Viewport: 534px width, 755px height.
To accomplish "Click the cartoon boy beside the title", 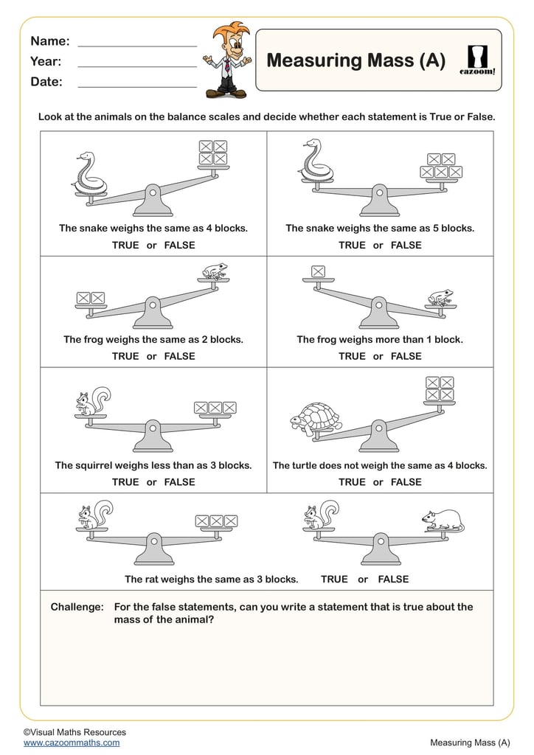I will tap(227, 60).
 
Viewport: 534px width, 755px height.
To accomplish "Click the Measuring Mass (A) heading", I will tap(356, 60).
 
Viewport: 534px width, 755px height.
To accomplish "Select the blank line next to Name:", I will tap(137, 46).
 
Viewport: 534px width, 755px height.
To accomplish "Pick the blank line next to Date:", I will tap(137, 87).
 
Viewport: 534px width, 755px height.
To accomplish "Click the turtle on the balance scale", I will tap(316, 420).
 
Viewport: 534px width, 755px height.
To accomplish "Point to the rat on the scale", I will tap(443, 520).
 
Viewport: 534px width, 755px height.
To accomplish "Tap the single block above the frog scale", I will tap(318, 271).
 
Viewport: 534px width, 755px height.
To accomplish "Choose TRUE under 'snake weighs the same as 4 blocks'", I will tap(125, 245).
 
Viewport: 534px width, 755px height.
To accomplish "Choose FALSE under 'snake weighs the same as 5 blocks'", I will tap(406, 245).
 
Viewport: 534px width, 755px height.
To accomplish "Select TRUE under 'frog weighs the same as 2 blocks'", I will tap(125, 356).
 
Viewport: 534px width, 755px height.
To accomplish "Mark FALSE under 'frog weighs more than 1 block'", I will tap(406, 356).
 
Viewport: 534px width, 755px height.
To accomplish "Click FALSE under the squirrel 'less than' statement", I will tap(179, 482).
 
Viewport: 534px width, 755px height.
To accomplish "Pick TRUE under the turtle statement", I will tap(352, 482).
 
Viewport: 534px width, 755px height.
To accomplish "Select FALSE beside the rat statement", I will tap(393, 580).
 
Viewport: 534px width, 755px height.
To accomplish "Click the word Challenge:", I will tap(77, 607).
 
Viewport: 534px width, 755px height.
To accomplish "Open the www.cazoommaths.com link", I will tap(71, 742).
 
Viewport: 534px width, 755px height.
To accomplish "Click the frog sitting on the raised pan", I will tap(215, 271).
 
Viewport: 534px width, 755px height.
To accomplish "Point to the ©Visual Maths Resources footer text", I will tap(74, 732).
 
